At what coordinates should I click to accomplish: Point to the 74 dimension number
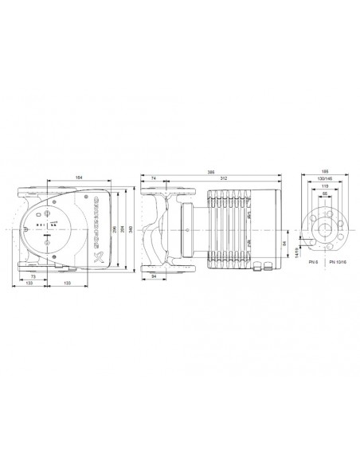151,178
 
